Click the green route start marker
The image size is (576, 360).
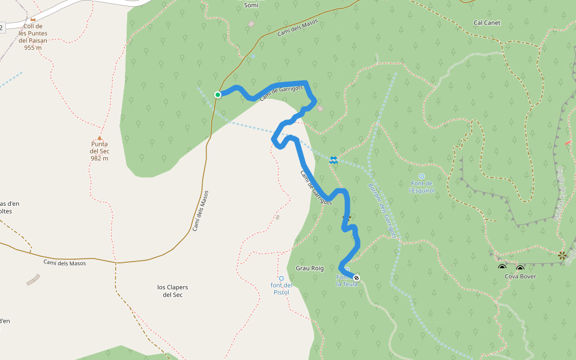point(218,95)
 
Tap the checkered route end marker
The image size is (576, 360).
point(356,278)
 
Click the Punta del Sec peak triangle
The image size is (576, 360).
point(100,138)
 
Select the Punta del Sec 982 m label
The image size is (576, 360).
point(100,151)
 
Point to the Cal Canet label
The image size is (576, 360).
point(487,23)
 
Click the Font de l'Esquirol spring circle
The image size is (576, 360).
point(421,176)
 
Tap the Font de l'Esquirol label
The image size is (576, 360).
point(421,187)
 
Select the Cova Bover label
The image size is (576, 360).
point(520,277)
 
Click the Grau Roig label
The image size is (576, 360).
point(310,268)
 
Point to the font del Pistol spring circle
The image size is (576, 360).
point(281,278)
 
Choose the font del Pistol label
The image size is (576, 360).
point(281,289)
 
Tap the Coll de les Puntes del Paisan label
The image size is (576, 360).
point(33,37)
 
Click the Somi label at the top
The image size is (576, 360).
point(251,5)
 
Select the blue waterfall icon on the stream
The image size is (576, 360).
point(334,160)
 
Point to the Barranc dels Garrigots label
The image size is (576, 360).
point(382,210)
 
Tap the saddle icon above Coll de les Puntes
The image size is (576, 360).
point(33,19)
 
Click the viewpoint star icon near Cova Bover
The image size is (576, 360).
point(562,256)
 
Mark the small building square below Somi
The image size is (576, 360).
point(251,24)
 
